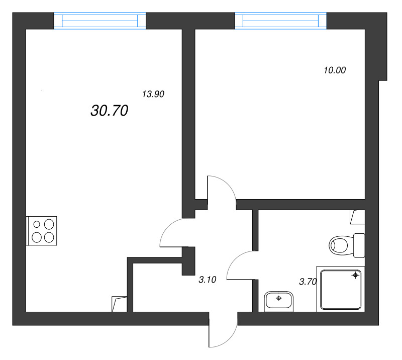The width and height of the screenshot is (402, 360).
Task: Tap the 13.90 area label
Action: (154, 94)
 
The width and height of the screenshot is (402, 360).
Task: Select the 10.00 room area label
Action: (335, 70)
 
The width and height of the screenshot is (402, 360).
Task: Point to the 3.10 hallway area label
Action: (207, 281)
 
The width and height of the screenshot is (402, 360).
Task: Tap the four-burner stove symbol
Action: (43, 230)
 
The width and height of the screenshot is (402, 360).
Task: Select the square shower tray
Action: (340, 289)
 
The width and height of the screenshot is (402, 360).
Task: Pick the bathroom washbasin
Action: (278, 301)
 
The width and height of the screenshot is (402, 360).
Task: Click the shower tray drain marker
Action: (356, 275)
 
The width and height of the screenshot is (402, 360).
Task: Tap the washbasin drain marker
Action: (279, 298)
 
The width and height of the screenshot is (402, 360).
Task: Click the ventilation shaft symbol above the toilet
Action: (358, 217)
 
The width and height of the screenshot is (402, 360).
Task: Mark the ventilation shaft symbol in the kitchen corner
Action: (120, 304)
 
